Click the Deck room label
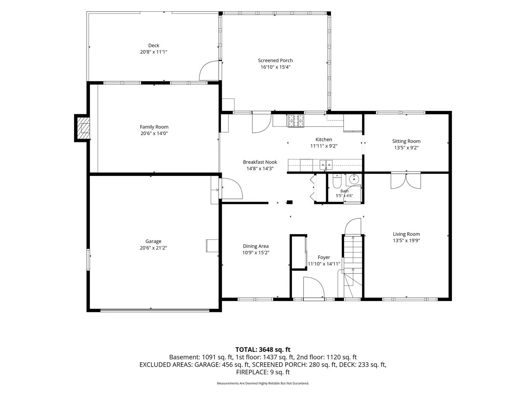[153, 46]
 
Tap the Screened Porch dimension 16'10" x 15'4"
[275, 67]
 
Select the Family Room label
[154, 127]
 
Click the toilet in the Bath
[337, 181]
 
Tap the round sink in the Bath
[354, 179]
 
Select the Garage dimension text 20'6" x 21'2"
[153, 248]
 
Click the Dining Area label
[256, 246]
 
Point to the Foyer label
[324, 257]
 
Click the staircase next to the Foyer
[353, 266]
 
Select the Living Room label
[406, 234]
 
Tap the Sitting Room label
[406, 141]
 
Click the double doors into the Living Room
[406, 181]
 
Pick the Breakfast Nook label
[260, 162]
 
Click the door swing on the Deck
[209, 70]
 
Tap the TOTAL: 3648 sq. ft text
[263, 349]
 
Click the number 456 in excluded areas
[227, 364]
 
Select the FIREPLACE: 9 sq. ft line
[263, 372]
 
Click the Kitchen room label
[324, 139]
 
